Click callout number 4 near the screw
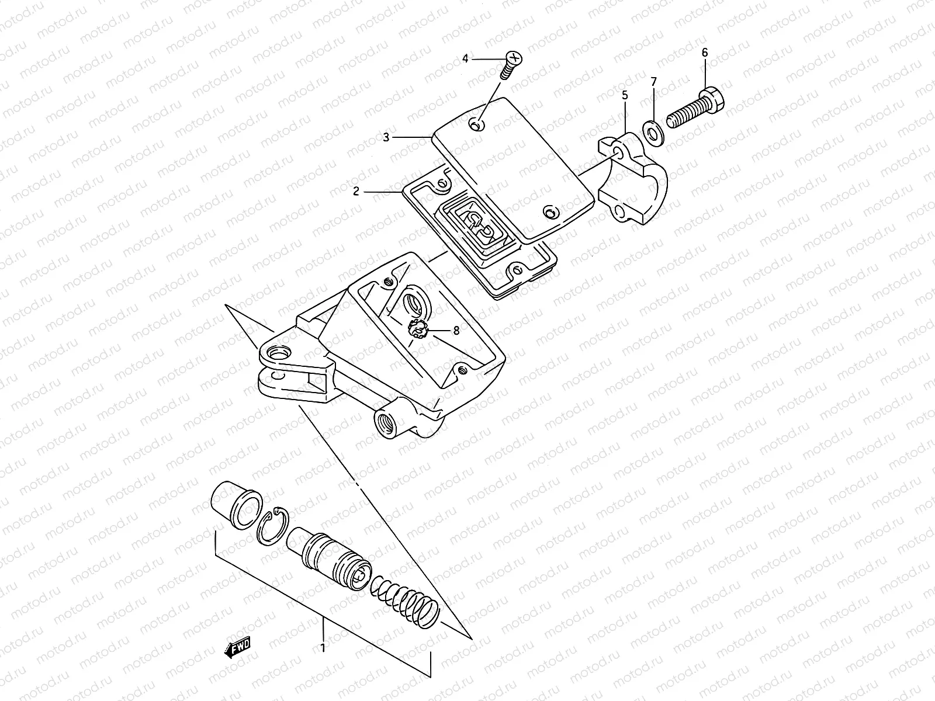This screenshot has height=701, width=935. (x=465, y=58)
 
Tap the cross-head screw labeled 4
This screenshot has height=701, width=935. (x=510, y=64)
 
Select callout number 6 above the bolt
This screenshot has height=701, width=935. (x=704, y=53)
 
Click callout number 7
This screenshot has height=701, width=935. (x=654, y=81)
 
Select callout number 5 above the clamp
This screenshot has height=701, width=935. (x=625, y=94)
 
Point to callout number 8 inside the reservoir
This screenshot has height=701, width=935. (x=456, y=330)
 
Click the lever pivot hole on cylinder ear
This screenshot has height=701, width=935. (x=278, y=354)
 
